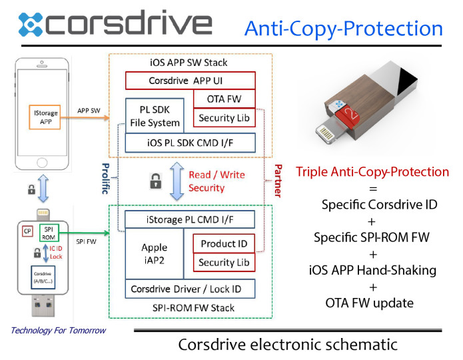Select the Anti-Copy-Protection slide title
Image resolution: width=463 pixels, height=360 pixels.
click(x=343, y=28)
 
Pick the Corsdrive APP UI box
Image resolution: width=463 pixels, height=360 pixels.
click(x=191, y=81)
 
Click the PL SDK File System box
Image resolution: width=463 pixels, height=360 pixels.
click(x=155, y=115)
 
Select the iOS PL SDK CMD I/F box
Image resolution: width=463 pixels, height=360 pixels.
click(x=191, y=143)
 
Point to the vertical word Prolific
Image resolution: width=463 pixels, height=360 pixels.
click(x=104, y=177)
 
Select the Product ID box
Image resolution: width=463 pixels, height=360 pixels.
click(x=224, y=243)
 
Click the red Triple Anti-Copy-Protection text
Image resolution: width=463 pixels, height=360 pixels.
click(x=372, y=172)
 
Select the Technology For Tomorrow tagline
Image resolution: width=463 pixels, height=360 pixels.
click(x=58, y=330)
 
